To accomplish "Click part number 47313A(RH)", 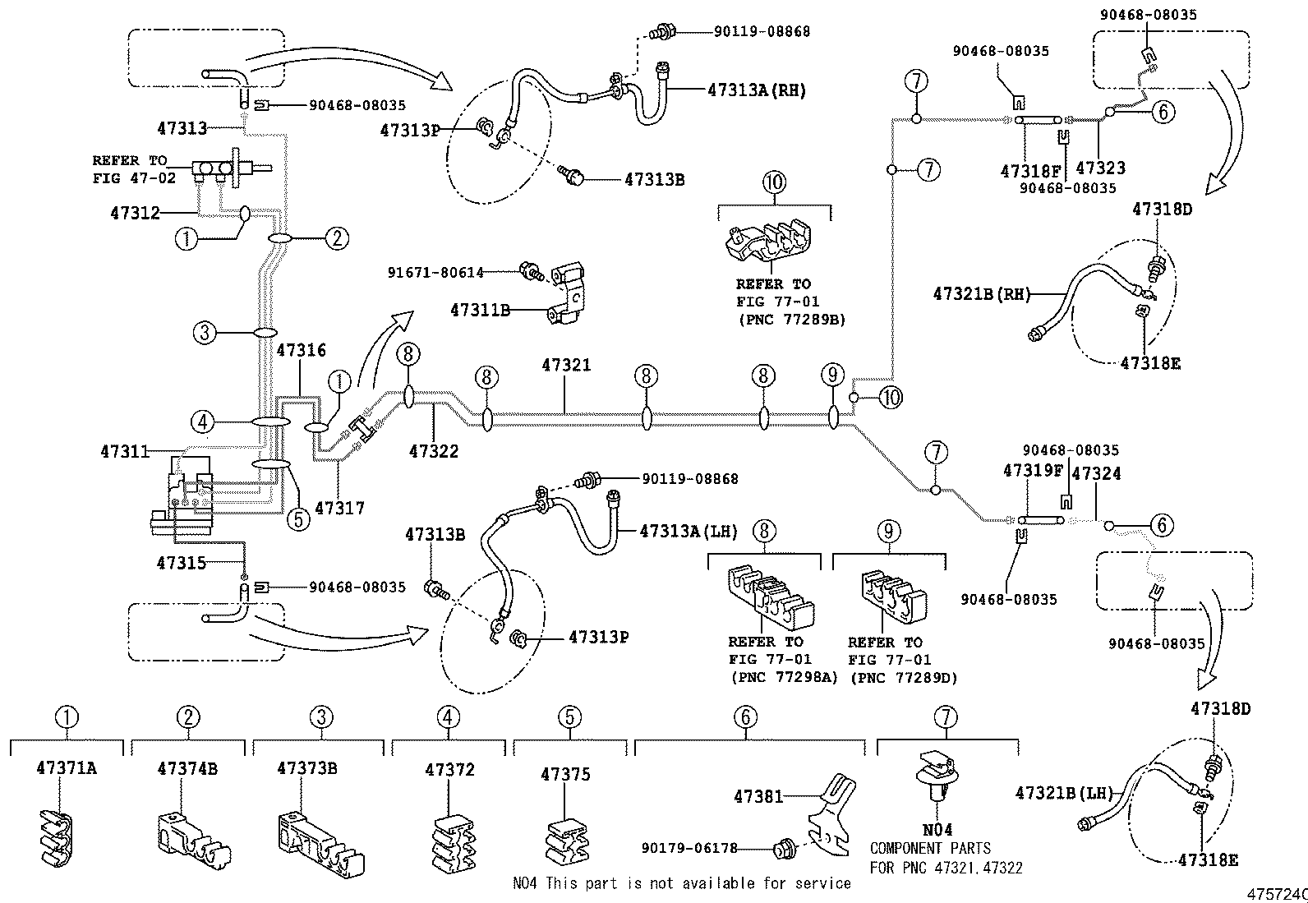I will (756, 90).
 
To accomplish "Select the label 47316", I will (301, 351).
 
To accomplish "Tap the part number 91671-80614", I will (436, 272).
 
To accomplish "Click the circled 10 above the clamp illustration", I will (775, 182).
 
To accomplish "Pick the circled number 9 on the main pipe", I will (832, 376).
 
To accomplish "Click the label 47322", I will (434, 451).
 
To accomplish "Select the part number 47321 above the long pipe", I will (565, 365).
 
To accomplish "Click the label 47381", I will (758, 796).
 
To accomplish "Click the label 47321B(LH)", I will (1063, 793).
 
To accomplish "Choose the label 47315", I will (181, 563).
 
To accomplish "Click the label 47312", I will (135, 213).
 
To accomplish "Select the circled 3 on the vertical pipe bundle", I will (204, 333).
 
